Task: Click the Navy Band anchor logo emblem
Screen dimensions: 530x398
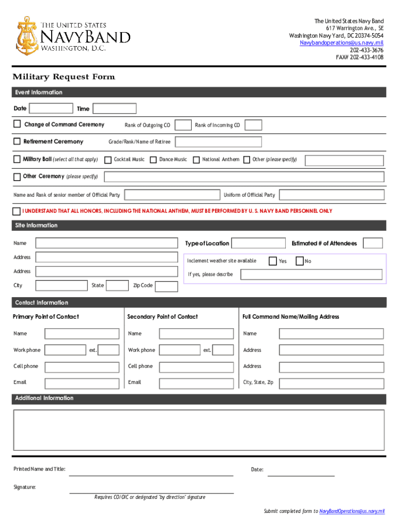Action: coord(25,35)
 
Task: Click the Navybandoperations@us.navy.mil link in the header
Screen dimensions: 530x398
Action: coord(342,43)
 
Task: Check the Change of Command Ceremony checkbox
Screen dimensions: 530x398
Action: coord(17,124)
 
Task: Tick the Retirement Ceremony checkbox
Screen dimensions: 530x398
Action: coord(17,141)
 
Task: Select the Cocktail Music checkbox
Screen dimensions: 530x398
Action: coord(108,160)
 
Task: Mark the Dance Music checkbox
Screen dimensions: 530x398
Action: coord(153,160)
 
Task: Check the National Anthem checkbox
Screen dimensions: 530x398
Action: coord(196,160)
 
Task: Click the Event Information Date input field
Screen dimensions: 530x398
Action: coord(51,108)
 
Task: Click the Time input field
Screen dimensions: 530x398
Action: coord(114,108)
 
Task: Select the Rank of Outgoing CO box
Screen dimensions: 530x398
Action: coord(183,125)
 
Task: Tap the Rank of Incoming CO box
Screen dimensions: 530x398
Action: coord(253,125)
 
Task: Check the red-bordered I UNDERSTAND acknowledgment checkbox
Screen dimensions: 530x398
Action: coord(17,211)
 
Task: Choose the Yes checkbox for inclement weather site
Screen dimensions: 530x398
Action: coord(272,261)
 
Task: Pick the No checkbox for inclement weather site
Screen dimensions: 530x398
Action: coord(299,261)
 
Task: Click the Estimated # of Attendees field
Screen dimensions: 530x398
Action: coord(373,243)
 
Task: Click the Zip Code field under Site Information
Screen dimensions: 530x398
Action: coord(166,286)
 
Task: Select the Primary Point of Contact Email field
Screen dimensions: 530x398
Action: coord(82,383)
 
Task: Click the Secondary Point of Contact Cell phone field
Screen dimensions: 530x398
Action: coord(196,367)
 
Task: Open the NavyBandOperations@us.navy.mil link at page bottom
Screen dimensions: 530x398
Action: coord(352,511)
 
